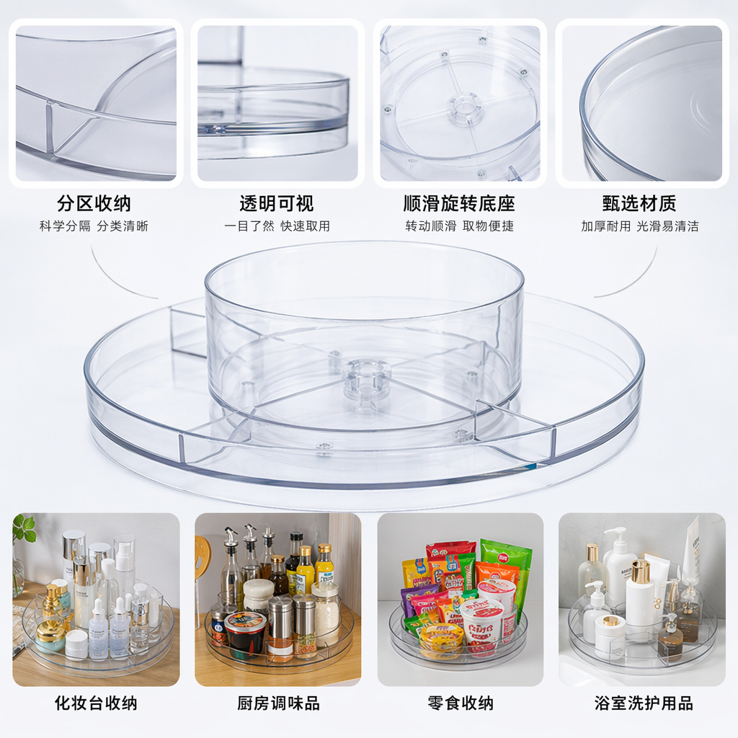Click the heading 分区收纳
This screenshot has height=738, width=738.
[x=94, y=204]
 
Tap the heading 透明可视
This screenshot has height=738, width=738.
[x=277, y=204]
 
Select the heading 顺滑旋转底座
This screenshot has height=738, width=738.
[x=459, y=204]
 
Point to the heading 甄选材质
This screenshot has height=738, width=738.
[x=640, y=204]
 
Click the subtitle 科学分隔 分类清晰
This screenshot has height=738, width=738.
[x=94, y=226]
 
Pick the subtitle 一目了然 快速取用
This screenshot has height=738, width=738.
[x=277, y=226]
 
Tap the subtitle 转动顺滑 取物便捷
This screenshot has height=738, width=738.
[x=459, y=226]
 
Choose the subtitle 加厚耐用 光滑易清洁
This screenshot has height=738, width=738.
[x=640, y=226]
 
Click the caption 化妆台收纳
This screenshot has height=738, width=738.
[x=96, y=703]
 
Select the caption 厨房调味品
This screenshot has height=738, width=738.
[x=279, y=703]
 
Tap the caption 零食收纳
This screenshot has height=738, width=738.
[x=461, y=703]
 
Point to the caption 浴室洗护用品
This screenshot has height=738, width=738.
[x=644, y=703]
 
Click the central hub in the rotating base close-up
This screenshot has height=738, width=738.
[x=462, y=108]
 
